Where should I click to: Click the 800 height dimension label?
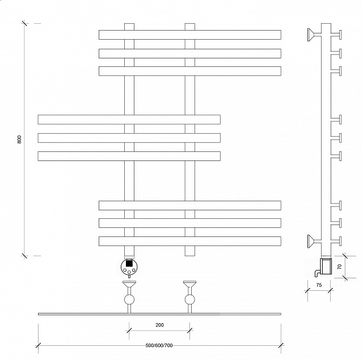pos(19,139)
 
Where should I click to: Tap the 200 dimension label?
pos(159,325)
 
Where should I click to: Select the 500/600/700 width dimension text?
pos(159,345)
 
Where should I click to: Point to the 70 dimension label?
pos(340,267)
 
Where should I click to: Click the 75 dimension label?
pos(319,285)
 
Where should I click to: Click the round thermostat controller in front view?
pos(129,267)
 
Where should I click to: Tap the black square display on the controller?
pos(129,264)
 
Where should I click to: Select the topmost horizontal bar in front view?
pos(190,35)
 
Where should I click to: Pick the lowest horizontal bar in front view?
pos(190,241)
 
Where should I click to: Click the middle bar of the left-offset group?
pos(129,138)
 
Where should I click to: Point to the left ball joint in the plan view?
pos(129,299)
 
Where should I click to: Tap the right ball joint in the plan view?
pos(190,299)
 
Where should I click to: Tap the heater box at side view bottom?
pos(326,266)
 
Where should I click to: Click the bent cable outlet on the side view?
pos(317,273)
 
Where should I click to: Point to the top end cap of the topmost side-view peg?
pos(340,35)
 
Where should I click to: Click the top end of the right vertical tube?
pos(190,23)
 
